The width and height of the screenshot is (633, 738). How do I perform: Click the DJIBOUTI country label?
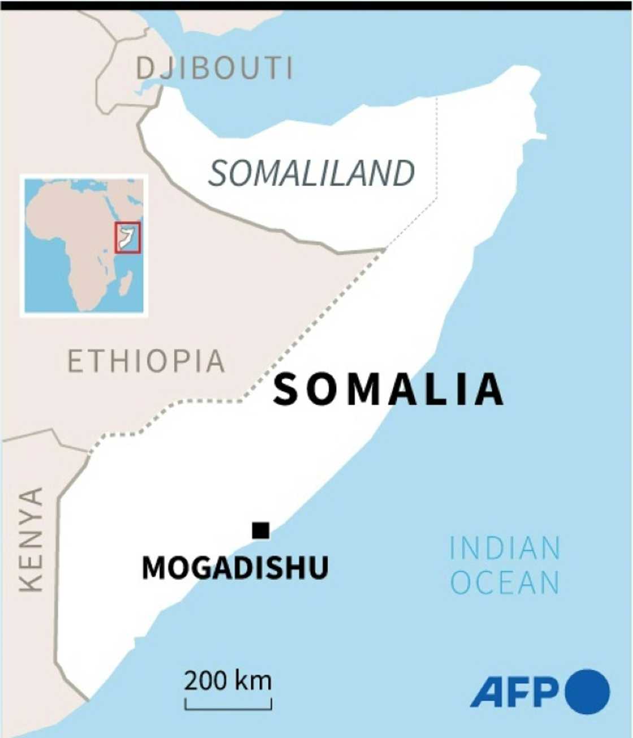215,68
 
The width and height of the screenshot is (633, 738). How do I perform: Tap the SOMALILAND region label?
311,173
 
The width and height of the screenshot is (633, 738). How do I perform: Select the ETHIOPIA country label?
146,361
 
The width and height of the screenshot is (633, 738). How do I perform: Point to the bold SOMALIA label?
388,390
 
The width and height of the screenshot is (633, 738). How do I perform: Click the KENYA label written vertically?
31,540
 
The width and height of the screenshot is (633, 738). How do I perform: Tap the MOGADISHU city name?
235,567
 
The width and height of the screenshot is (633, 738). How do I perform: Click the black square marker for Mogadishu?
261,530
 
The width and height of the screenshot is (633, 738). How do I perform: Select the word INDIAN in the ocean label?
505,548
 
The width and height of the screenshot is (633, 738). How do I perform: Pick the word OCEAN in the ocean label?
505,583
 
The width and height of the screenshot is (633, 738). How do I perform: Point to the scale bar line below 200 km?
228,707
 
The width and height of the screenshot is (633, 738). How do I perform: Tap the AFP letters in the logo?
514,692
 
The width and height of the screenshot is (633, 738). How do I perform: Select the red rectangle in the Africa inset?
128,238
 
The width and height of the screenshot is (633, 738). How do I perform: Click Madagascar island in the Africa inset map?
125,282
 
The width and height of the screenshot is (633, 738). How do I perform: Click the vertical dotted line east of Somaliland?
437,147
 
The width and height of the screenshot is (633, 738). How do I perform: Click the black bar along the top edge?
316,5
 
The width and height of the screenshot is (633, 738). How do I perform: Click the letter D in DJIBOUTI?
145,68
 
